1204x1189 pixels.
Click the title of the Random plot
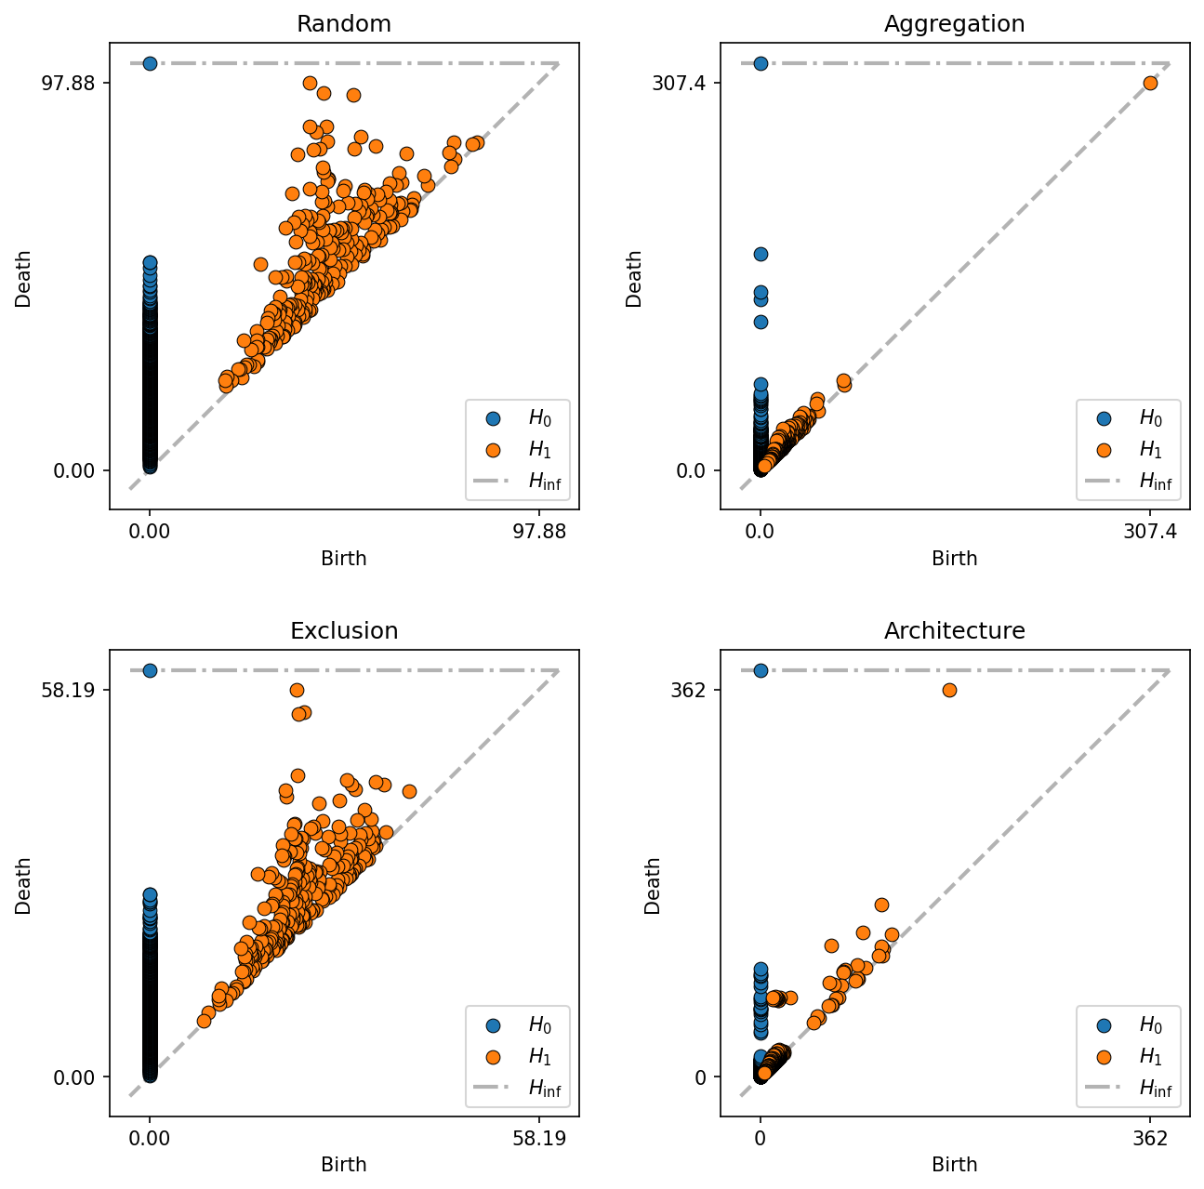coord(343,24)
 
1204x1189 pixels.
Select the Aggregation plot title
coord(954,24)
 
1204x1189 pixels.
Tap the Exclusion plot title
coord(343,631)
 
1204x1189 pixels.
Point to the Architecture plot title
coord(954,631)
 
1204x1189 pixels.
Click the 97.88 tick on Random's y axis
coord(75,83)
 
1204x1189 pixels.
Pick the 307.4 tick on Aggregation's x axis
coord(1151,532)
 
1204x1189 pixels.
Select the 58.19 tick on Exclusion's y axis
coord(75,690)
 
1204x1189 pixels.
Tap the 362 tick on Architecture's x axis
coord(1151,1139)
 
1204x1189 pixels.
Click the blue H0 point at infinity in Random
coord(150,63)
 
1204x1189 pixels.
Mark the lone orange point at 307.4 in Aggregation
coord(1150,83)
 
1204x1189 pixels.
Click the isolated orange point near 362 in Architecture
coord(949,690)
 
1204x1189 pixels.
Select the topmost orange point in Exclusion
coord(297,690)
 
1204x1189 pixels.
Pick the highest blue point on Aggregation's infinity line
coord(761,63)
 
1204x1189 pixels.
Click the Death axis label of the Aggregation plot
coord(634,278)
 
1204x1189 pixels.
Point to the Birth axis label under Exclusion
coord(343,1165)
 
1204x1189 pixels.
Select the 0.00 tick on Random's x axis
coord(150,532)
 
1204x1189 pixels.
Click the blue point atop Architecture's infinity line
coord(761,670)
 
